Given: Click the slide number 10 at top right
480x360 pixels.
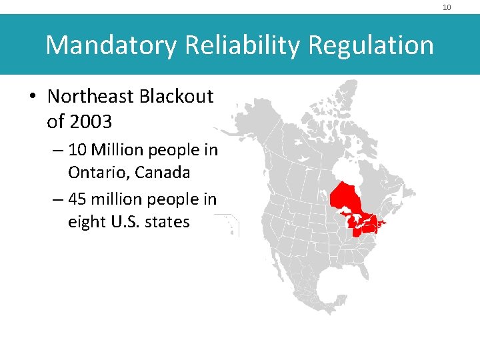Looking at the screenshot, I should pyautogui.click(x=447, y=7).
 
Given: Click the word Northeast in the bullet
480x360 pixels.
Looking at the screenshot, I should pyautogui.click(x=91, y=97).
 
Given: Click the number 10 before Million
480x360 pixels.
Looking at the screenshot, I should pyautogui.click(x=77, y=150).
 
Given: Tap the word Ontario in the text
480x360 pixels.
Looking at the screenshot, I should pyautogui.click(x=98, y=173).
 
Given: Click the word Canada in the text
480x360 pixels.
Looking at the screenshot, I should pyautogui.click(x=163, y=173).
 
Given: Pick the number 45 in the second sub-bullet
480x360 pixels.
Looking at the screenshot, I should pyautogui.click(x=77, y=199).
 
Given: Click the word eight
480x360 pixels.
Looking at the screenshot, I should pyautogui.click(x=85, y=221).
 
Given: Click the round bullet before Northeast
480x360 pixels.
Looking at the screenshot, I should pyautogui.click(x=33, y=97).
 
